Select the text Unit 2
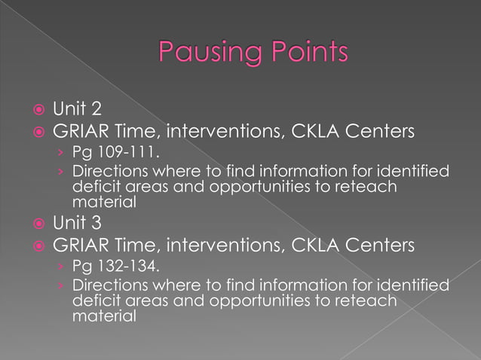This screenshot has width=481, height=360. [77, 111]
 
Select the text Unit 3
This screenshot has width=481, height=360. [77, 223]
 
